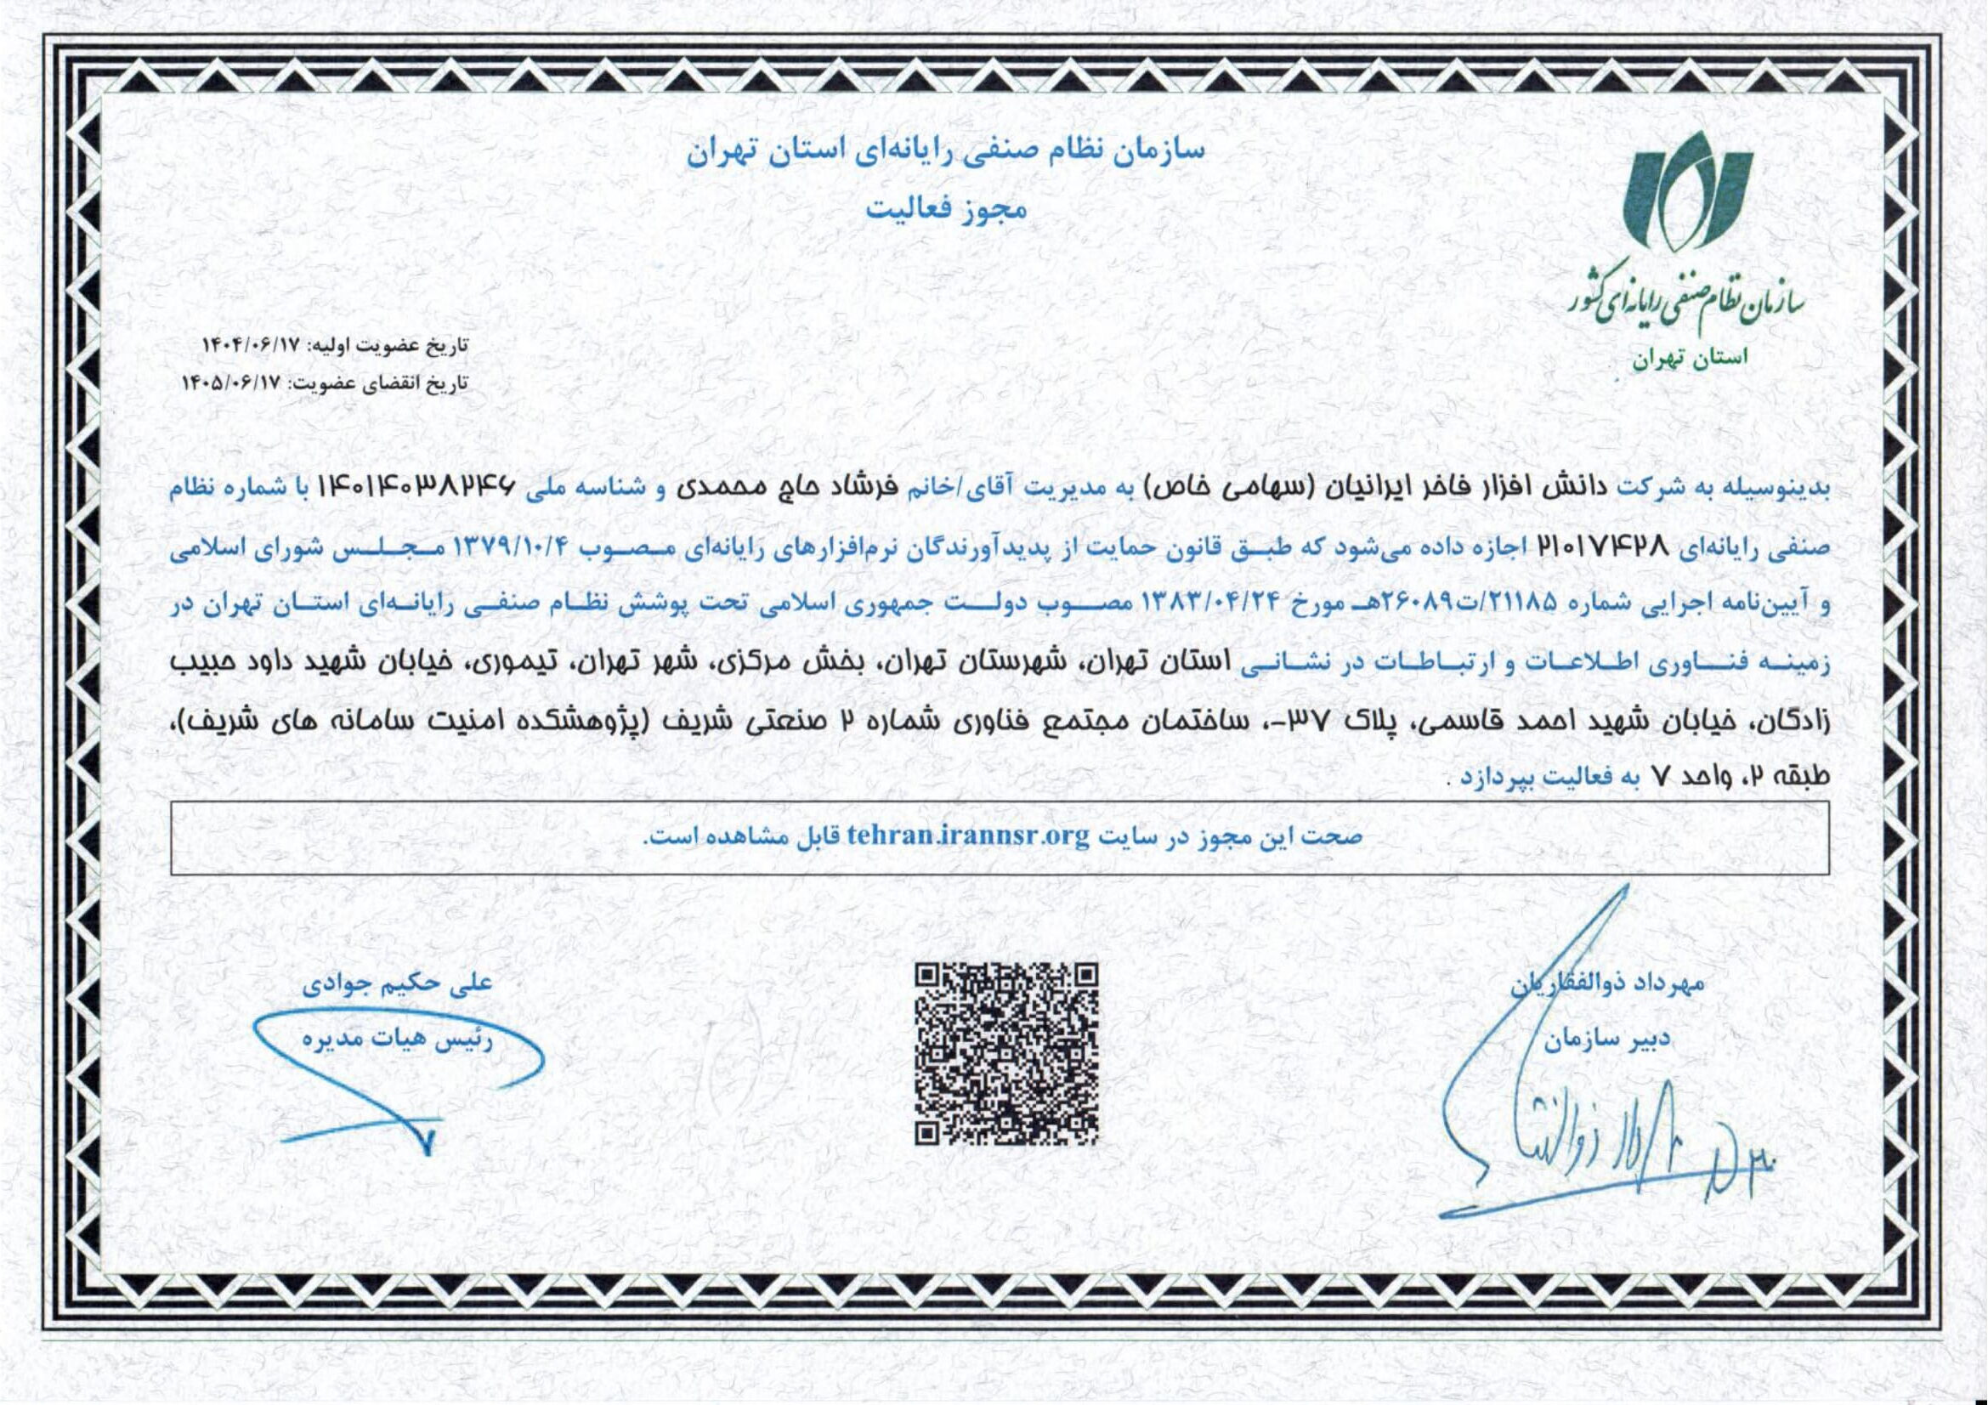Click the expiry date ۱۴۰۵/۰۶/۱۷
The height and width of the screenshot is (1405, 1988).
tap(234, 382)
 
